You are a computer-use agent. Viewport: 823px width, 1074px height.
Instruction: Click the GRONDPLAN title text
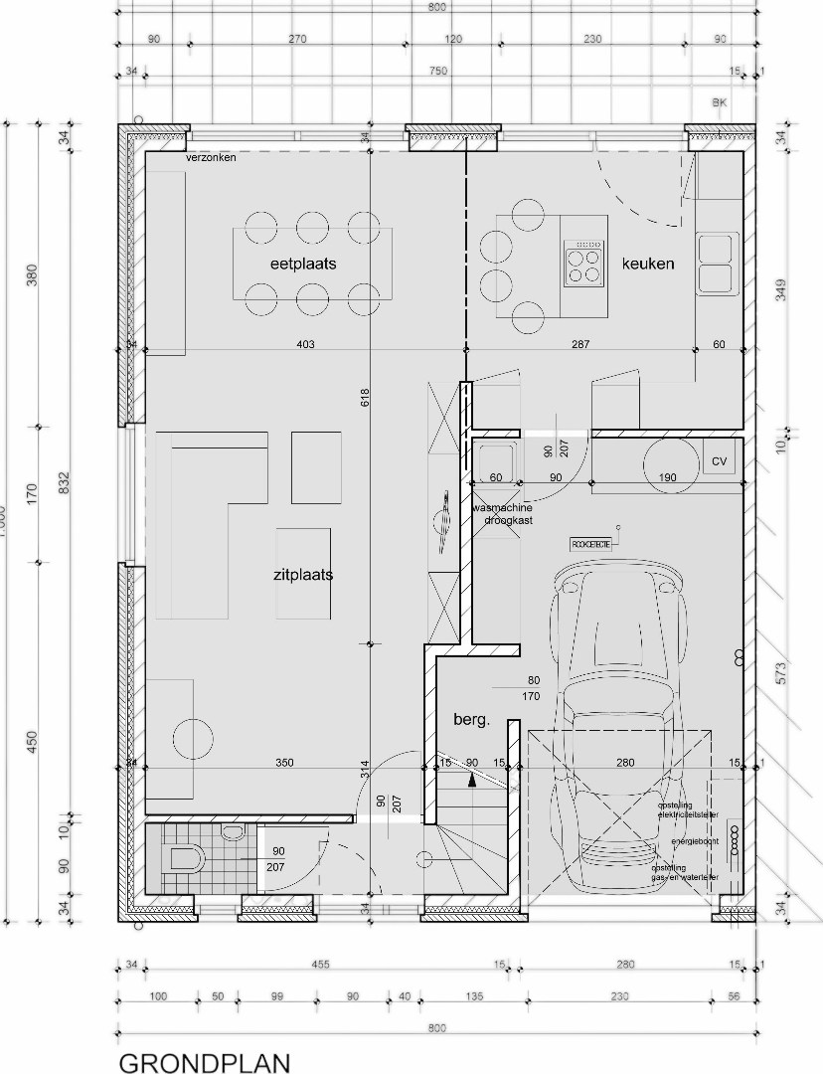pyautogui.click(x=205, y=1064)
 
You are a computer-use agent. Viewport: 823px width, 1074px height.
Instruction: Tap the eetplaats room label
pyautogui.click(x=303, y=265)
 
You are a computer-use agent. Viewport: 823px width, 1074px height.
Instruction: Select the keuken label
pyautogui.click(x=648, y=264)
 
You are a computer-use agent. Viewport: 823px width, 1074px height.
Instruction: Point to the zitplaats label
pyautogui.click(x=302, y=575)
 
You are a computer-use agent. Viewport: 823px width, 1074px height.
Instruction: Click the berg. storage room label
pyautogui.click(x=472, y=721)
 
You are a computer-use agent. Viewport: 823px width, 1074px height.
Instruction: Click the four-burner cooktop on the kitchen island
pyautogui.click(x=584, y=264)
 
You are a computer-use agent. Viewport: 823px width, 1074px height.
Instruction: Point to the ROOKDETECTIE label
pyautogui.click(x=590, y=544)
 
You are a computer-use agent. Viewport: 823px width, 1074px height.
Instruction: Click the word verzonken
pyautogui.click(x=211, y=159)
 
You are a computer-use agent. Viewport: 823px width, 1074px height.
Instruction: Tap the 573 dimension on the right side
pyautogui.click(x=781, y=673)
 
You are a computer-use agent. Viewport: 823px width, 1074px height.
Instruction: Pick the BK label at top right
pyautogui.click(x=720, y=102)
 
